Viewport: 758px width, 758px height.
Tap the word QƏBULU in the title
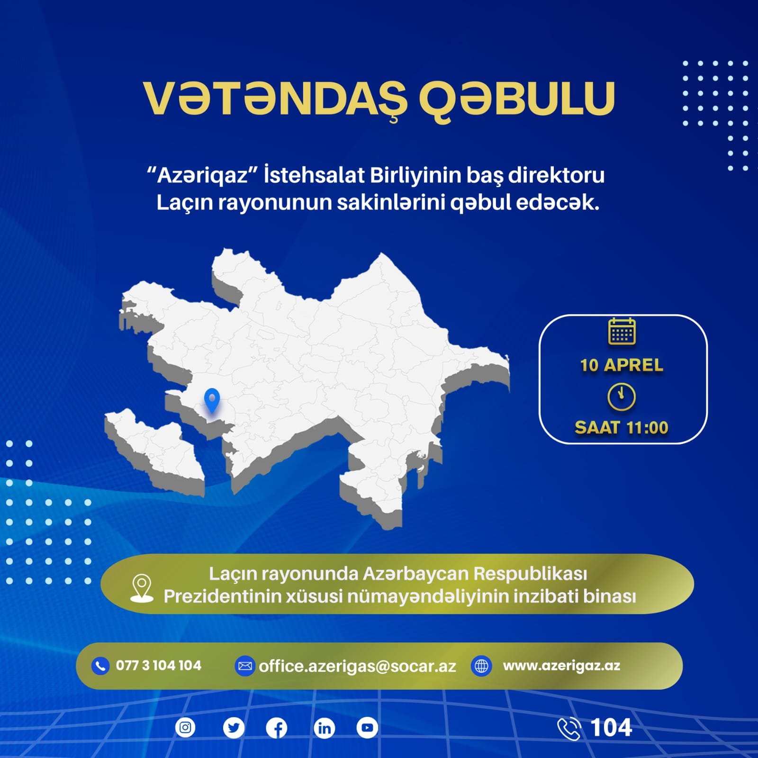click(x=516, y=99)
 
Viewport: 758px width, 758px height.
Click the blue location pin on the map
click(x=212, y=399)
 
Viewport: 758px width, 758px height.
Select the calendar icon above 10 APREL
click(x=622, y=331)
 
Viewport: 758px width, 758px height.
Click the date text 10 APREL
click(x=622, y=365)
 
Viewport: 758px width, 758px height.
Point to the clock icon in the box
click(x=622, y=397)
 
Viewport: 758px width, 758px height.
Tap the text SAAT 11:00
click(x=622, y=428)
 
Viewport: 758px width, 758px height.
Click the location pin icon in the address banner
click(x=142, y=588)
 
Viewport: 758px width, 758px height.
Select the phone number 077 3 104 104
click(x=159, y=666)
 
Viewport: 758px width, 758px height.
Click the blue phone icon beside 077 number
click(x=100, y=666)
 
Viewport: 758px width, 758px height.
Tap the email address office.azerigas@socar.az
click(x=357, y=666)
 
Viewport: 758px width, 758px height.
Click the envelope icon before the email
click(x=245, y=666)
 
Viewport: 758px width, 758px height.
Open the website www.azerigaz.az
click(x=561, y=666)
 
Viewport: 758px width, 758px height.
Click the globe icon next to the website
click(x=481, y=666)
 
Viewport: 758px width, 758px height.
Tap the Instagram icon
click(x=185, y=727)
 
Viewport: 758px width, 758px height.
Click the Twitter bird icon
click(x=234, y=728)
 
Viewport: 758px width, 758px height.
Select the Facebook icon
click(x=277, y=728)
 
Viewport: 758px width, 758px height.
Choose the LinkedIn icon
click(x=325, y=728)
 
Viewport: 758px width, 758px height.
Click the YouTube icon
click(x=367, y=728)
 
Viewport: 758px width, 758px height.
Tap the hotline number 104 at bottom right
click(x=611, y=728)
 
